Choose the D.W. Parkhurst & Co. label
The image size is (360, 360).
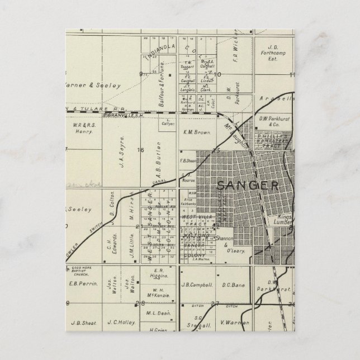[x=273, y=121]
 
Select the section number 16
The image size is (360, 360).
[x=141, y=150]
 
